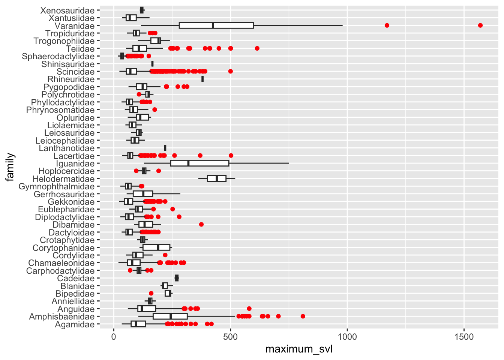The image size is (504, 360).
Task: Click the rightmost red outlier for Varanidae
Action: coord(480,25)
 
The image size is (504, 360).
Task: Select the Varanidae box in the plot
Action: coord(216,25)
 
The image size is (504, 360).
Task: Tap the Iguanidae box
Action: coord(199,163)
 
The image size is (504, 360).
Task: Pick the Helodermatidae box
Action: coord(216,179)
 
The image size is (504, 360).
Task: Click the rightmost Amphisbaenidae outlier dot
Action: coord(303,316)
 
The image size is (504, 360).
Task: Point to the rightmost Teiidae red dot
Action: coord(257,48)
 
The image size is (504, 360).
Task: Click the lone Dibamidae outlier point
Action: coord(201,225)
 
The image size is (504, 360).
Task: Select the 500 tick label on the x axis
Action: coord(230,337)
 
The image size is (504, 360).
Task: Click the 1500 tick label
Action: coord(464,337)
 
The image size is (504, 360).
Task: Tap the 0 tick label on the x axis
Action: coord(114,337)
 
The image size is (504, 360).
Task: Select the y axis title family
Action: coord(10,167)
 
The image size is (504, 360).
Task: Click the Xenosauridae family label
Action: coord(67,10)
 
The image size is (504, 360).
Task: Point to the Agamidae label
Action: coord(75,324)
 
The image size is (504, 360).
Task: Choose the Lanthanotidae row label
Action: coord(67,148)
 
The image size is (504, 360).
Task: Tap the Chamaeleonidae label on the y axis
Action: coord(61,263)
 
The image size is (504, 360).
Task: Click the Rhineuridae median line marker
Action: coord(202,79)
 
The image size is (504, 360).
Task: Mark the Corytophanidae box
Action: coord(156,248)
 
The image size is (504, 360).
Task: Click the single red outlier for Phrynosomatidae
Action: coord(154,110)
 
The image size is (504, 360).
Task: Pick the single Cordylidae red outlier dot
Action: coord(165,255)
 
